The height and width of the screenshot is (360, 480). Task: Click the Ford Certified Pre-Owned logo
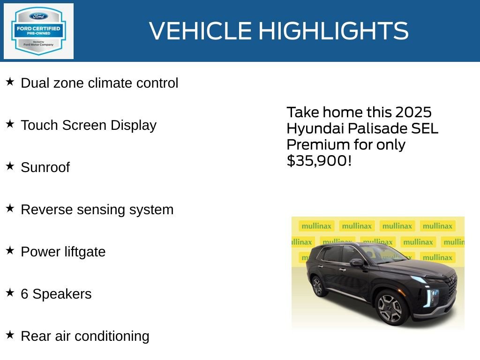[x=38, y=31]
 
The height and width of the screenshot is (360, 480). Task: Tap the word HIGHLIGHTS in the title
[x=333, y=31]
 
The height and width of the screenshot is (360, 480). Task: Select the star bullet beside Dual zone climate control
[x=10, y=82]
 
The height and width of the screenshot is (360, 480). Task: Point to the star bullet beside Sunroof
[x=10, y=166]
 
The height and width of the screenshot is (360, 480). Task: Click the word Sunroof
[x=45, y=167]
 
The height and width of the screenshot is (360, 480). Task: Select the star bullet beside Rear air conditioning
[x=10, y=335]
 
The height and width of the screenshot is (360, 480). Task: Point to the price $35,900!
[x=319, y=160]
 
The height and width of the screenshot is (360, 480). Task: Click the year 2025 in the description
[x=413, y=112]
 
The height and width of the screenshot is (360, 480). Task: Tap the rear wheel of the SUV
[x=318, y=285]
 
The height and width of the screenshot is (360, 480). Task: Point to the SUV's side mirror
[x=357, y=262]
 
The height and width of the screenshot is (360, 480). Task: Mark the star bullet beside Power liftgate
[x=10, y=251]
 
